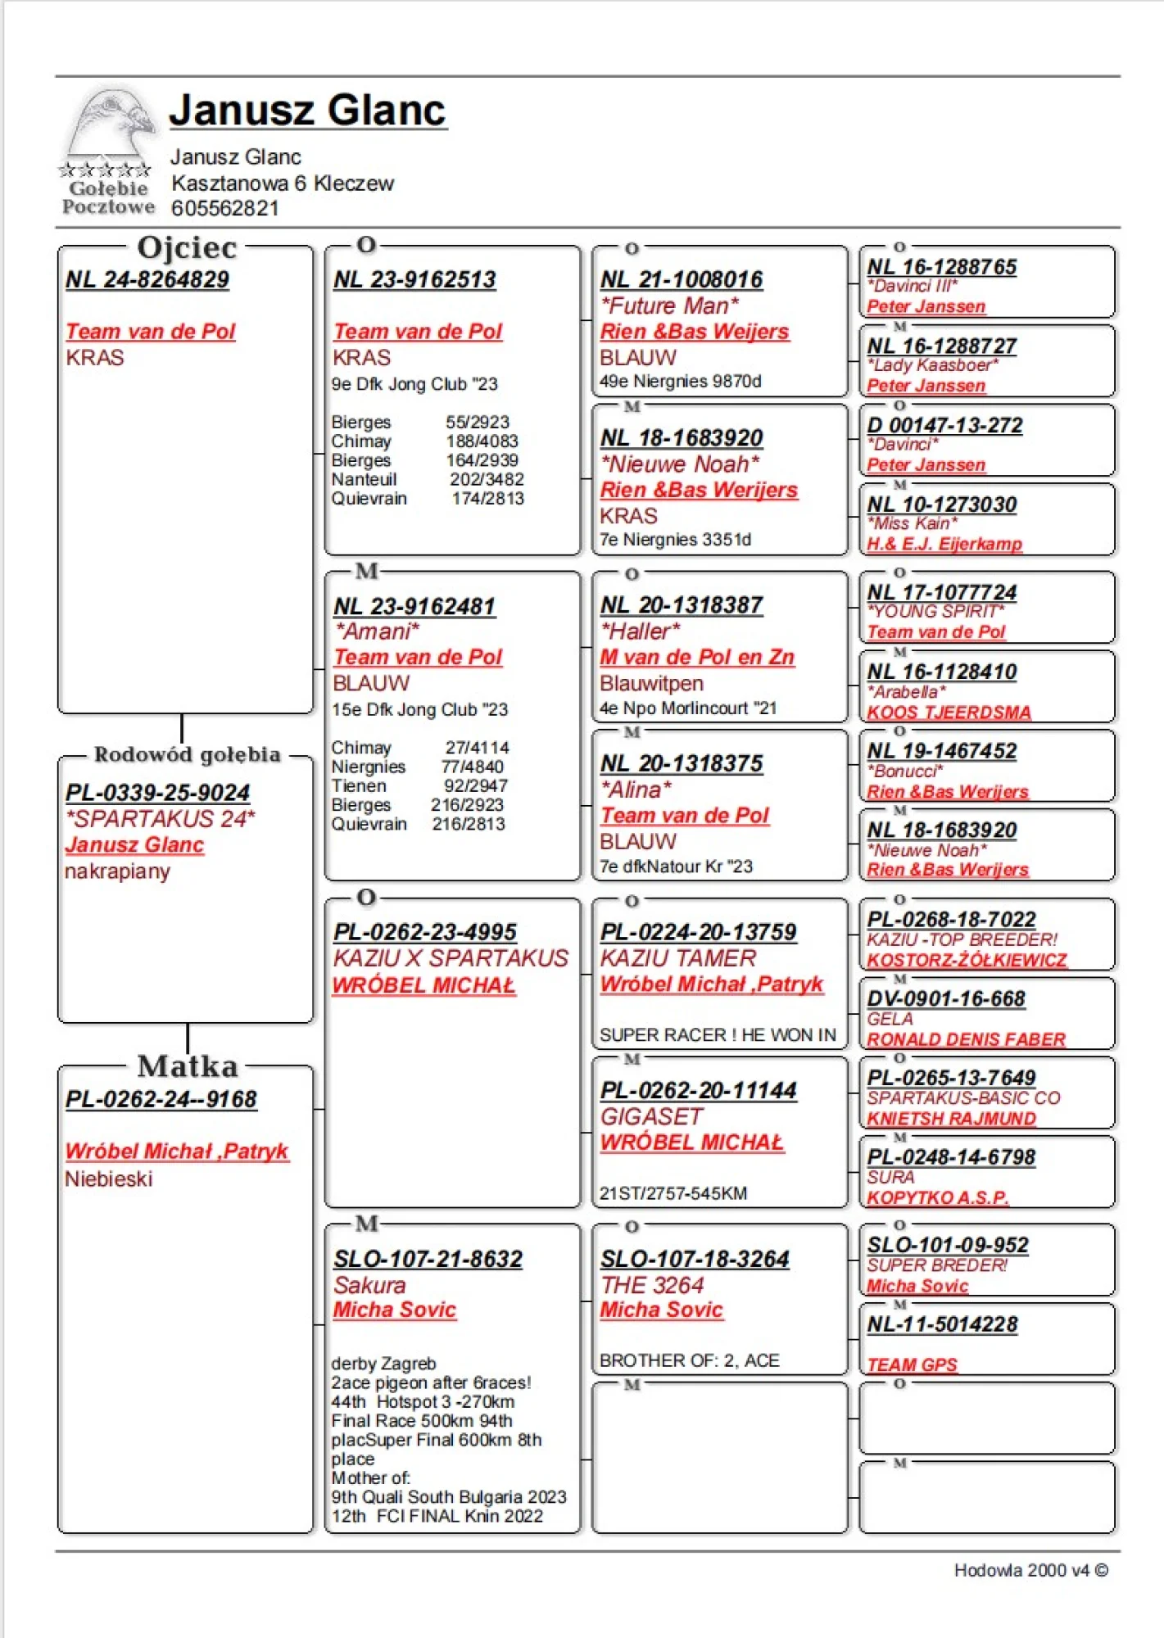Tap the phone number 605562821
[x=224, y=209]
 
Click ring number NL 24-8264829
[x=147, y=280]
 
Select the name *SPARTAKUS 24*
[x=161, y=819]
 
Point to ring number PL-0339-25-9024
[x=158, y=793]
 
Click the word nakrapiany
[x=117, y=871]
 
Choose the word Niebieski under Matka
[x=109, y=1179]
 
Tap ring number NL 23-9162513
[x=414, y=280]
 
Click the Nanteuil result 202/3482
[x=487, y=480]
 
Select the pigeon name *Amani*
[x=378, y=631]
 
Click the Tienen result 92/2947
[x=476, y=786]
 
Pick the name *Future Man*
[x=670, y=306]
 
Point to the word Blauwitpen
[x=652, y=684]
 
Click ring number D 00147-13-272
[x=945, y=426]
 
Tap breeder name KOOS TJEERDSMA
[x=949, y=713]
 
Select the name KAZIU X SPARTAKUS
[x=451, y=958]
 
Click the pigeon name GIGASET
[x=652, y=1117]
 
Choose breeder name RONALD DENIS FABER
[x=967, y=1039]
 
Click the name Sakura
[x=369, y=1285]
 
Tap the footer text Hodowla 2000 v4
[x=1022, y=1571]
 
